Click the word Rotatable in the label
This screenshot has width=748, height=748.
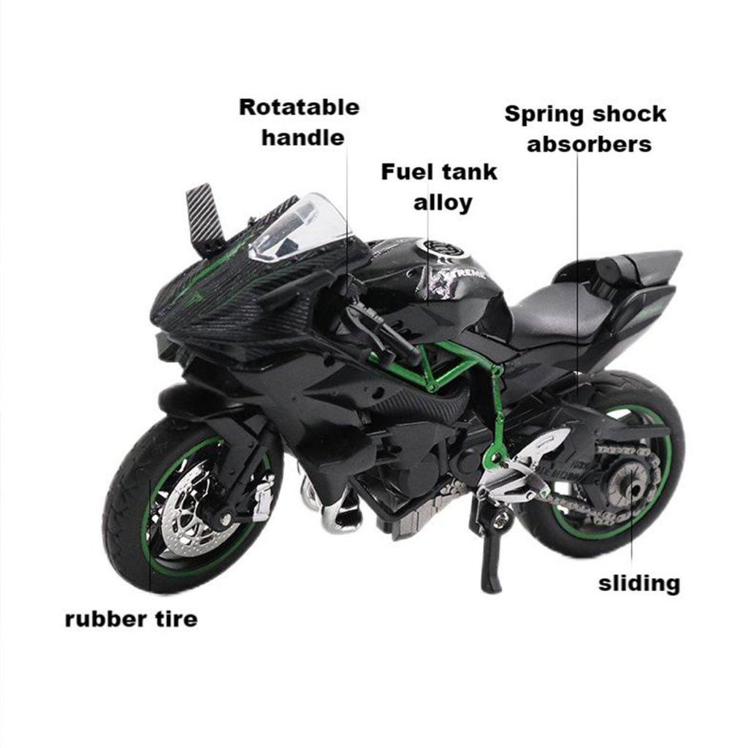(299, 107)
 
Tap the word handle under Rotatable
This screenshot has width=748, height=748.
(302, 137)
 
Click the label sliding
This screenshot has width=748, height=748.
(639, 583)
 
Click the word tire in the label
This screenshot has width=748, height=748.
(175, 619)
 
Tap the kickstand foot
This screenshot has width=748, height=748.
(492, 581)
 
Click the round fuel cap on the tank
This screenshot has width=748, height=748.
(438, 251)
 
